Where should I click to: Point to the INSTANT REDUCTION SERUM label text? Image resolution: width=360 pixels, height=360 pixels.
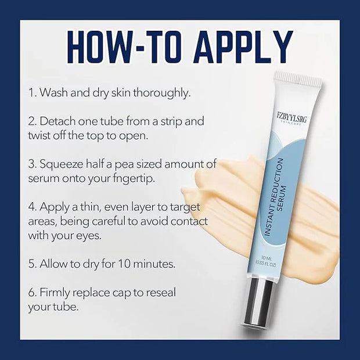(275, 197)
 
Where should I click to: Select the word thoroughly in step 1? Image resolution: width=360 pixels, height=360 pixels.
(162, 93)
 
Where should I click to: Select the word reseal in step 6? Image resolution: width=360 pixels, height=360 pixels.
(161, 293)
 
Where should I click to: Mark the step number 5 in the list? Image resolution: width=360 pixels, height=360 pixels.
(31, 264)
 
